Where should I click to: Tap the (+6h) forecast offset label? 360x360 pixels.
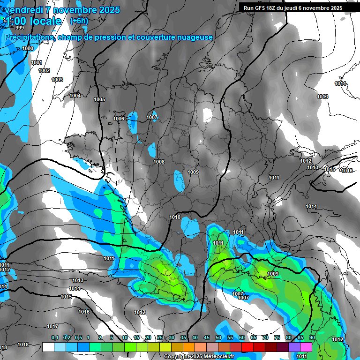79,21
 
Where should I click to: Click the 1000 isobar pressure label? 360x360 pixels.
28,48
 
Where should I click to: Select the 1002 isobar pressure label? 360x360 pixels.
44,70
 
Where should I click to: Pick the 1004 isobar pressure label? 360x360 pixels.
75,96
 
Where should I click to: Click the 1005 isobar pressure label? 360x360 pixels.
99,99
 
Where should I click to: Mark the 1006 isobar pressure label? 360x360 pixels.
119,119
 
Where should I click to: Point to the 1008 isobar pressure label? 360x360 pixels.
159,162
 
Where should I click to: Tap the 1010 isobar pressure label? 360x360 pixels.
175,217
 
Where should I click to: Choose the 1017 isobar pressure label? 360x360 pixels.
52,326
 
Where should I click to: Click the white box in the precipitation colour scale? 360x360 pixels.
48,347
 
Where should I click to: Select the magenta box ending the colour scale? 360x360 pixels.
306,347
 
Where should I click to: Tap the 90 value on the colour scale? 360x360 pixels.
312,337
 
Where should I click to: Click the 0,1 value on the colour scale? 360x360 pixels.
55,337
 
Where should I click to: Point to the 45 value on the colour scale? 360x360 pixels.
207,337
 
